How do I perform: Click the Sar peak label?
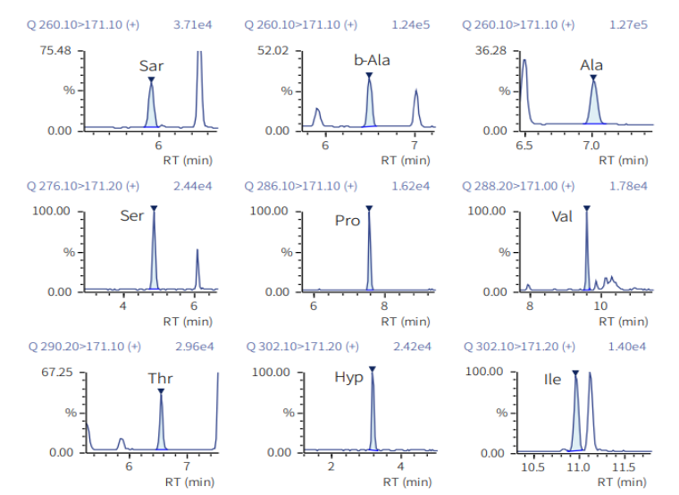(x=151, y=65)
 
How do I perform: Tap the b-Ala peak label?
(x=372, y=61)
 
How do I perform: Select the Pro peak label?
(x=348, y=220)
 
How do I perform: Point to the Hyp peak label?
(x=348, y=377)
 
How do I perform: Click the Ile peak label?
(x=553, y=380)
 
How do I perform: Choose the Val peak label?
(x=562, y=216)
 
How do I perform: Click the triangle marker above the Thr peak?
(x=161, y=390)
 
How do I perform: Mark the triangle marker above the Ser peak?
(x=154, y=208)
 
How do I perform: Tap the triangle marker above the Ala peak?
(x=593, y=77)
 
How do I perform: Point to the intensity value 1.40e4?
(x=630, y=346)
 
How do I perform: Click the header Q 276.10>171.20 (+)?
(x=83, y=186)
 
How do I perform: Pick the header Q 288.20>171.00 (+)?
(x=518, y=186)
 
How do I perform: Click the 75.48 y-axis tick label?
(x=54, y=50)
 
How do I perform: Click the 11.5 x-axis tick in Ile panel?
(x=624, y=467)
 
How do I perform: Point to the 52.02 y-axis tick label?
(x=272, y=50)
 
